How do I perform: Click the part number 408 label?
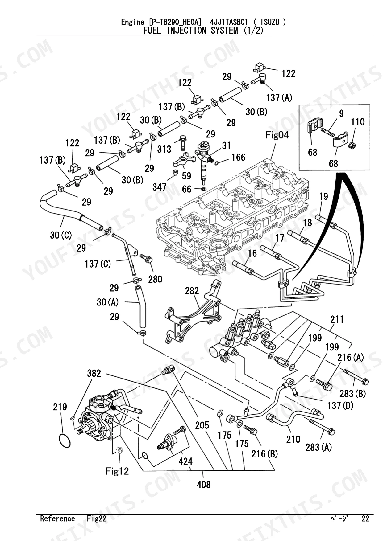click(x=204, y=484)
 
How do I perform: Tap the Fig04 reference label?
click(x=277, y=135)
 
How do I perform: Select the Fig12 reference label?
click(x=117, y=471)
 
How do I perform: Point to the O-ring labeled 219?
click(x=65, y=441)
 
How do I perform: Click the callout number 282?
click(x=192, y=291)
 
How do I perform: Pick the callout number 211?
click(x=337, y=319)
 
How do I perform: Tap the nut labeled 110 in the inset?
click(x=351, y=145)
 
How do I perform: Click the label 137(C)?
click(x=98, y=264)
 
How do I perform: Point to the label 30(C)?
click(x=61, y=235)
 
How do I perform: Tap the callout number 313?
click(x=164, y=149)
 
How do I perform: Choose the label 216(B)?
click(x=264, y=454)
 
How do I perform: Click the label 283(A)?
click(x=318, y=447)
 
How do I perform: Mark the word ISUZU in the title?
click(x=270, y=22)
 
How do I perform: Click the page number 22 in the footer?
click(x=365, y=519)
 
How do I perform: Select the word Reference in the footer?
click(x=57, y=519)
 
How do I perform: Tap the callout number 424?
click(x=185, y=461)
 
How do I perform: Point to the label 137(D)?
click(x=340, y=405)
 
